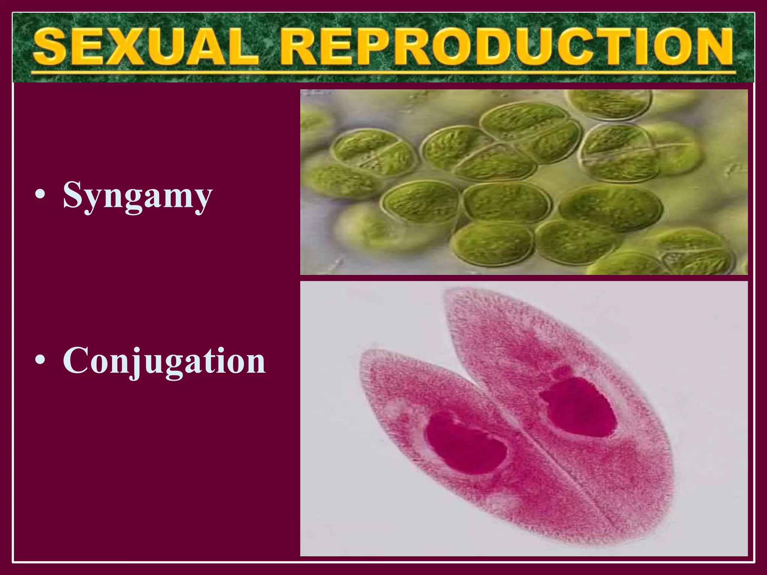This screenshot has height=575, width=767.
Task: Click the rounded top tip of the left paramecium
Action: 369,356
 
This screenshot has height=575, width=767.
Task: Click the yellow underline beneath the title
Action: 382,72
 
